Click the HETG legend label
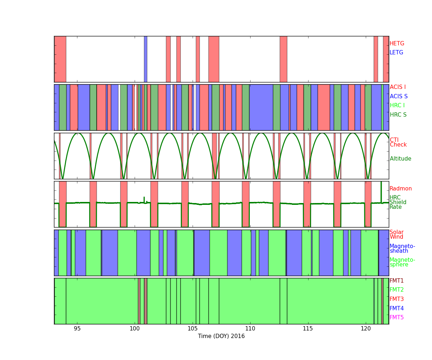click(x=397, y=44)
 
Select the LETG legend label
click(x=396, y=52)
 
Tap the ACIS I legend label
click(x=398, y=87)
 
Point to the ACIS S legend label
click(x=399, y=96)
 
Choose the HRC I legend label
click(x=397, y=105)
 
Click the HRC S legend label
click(x=398, y=114)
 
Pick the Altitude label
click(x=400, y=159)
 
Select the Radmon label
click(x=401, y=189)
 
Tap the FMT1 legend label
click(x=397, y=280)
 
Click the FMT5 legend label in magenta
click(x=397, y=317)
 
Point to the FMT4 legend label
click(x=397, y=308)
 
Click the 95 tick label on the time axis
click(x=77, y=329)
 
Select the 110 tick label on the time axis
click(x=250, y=329)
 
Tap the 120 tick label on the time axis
click(x=366, y=329)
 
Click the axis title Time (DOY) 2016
click(x=221, y=336)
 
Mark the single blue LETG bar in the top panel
click(x=145, y=59)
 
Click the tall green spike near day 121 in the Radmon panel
click(x=381, y=192)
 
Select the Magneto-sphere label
click(x=402, y=262)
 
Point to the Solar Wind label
click(x=396, y=234)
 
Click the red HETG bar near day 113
click(x=283, y=59)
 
